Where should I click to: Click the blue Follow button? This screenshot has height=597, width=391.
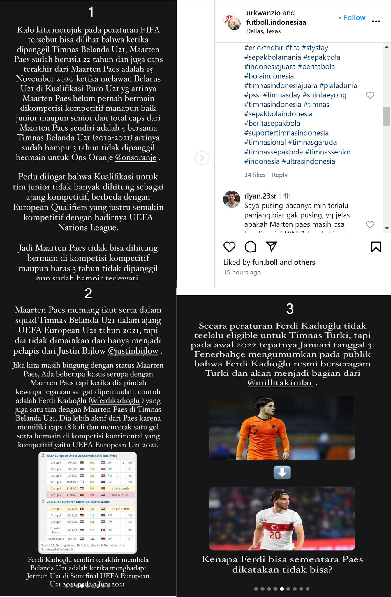click(354, 17)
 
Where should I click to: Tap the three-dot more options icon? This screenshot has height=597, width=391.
click(376, 21)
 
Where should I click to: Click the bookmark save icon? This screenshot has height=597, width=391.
click(376, 247)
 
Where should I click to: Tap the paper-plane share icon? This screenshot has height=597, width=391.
click(271, 247)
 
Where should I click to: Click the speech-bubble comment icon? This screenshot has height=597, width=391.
click(250, 247)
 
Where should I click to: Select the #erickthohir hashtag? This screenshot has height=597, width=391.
click(264, 48)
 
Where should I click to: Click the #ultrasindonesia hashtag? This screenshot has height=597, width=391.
click(308, 161)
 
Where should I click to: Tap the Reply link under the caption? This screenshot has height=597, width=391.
click(279, 175)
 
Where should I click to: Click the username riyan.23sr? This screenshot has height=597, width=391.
click(260, 196)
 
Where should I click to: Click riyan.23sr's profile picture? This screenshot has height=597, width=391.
click(231, 199)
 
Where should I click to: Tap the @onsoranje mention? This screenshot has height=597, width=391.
click(136, 157)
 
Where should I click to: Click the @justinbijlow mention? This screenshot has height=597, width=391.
click(133, 351)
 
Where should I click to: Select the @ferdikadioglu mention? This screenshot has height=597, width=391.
click(115, 401)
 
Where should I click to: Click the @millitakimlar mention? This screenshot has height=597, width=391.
click(280, 382)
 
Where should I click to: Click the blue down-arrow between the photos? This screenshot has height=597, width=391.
click(282, 473)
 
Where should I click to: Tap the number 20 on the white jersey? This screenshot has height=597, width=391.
click(275, 535)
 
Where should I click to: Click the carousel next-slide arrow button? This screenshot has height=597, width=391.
click(202, 158)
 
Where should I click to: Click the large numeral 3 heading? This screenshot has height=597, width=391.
click(290, 309)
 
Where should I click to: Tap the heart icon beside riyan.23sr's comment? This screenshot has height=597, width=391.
click(370, 224)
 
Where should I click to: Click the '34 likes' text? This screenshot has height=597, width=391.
click(255, 175)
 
